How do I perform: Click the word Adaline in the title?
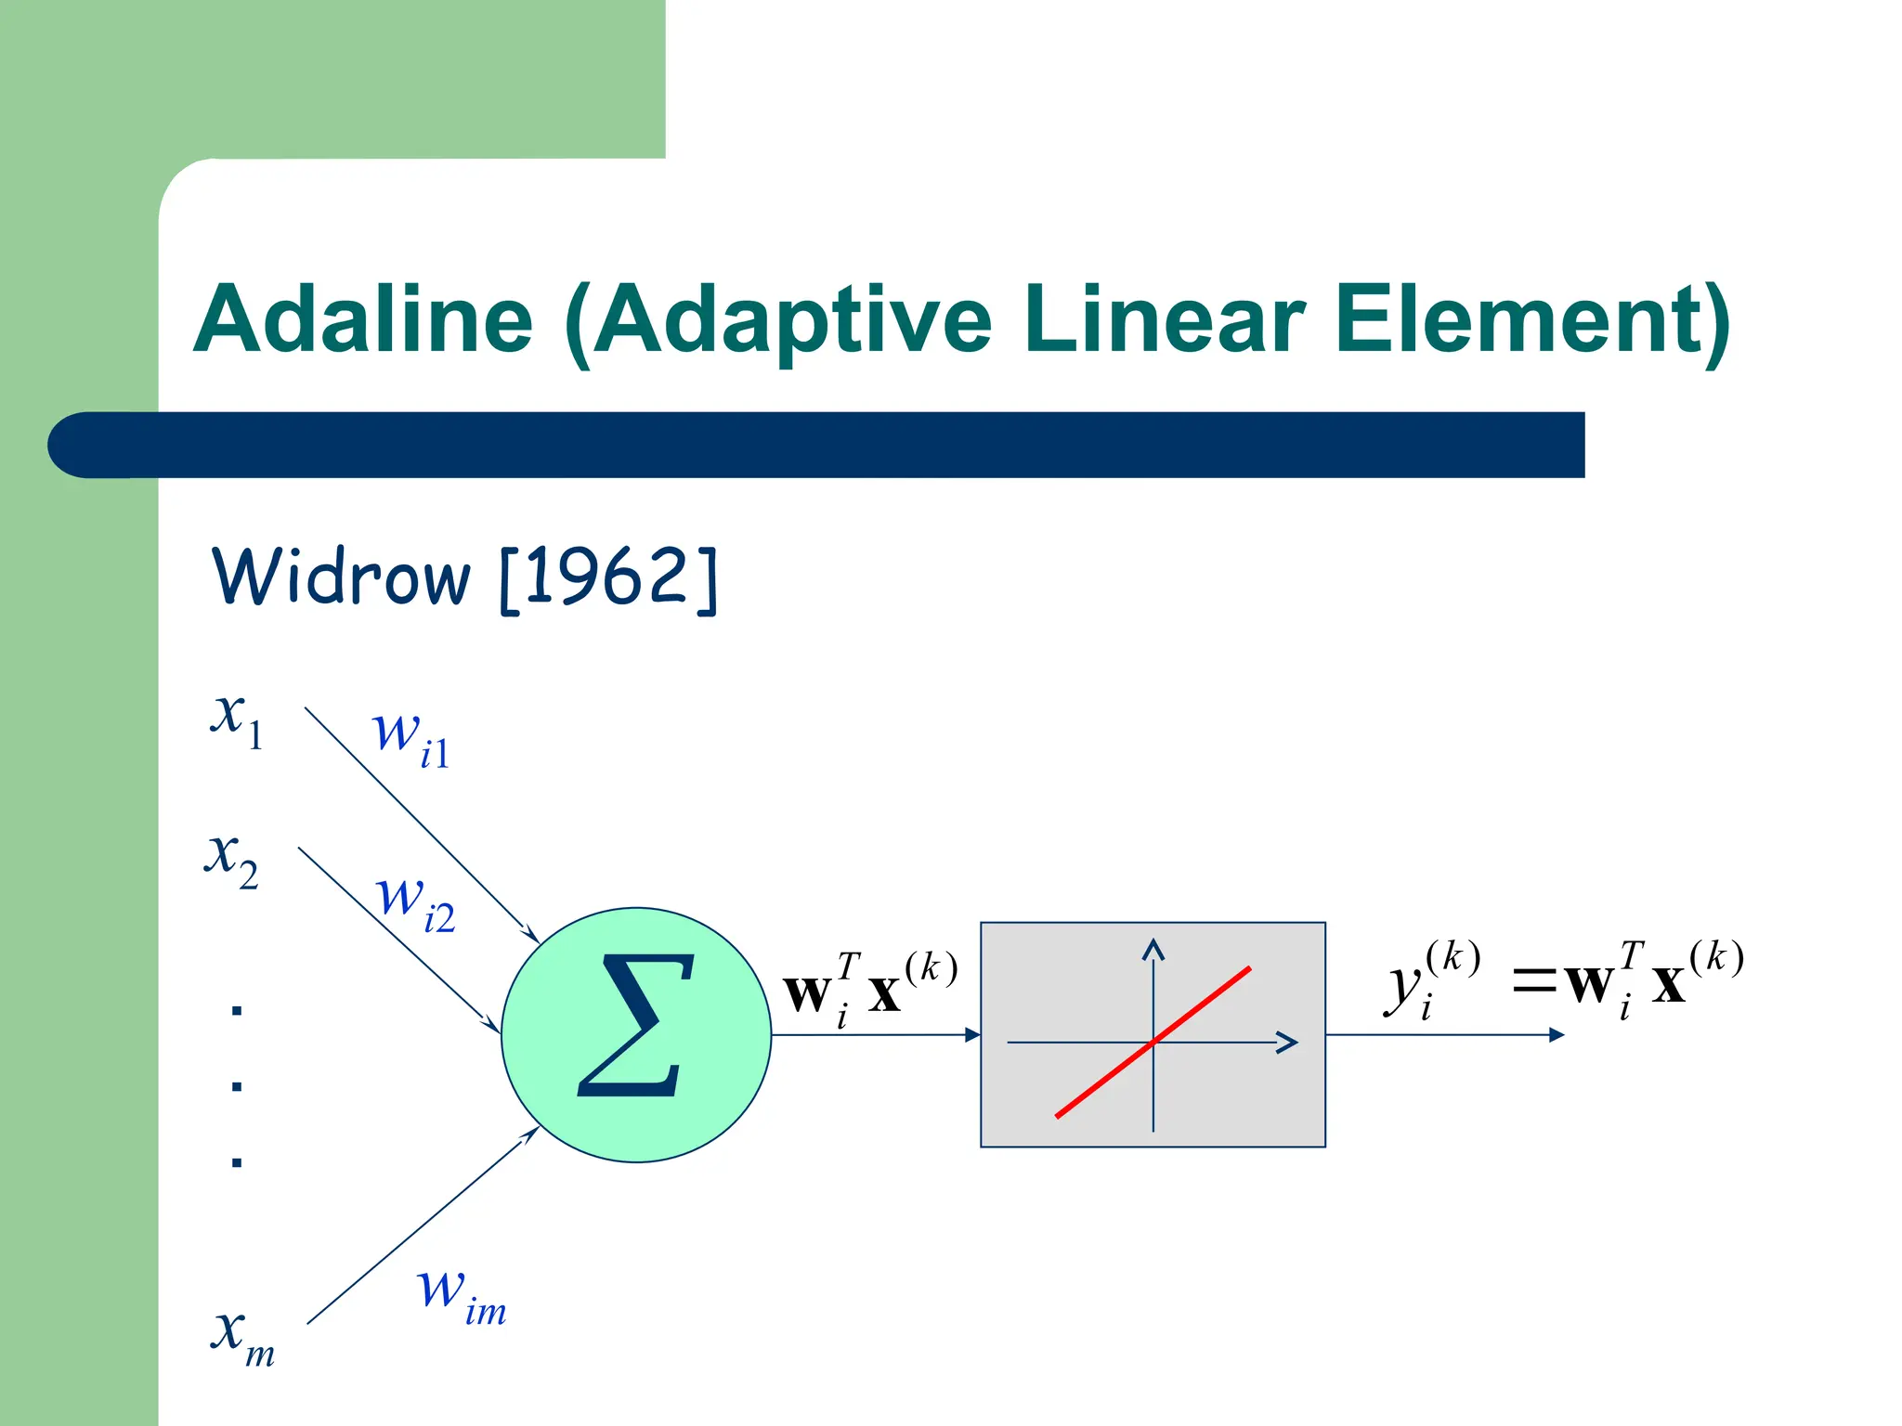tap(363, 319)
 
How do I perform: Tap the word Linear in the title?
tap(1165, 319)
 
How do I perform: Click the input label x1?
tap(237, 719)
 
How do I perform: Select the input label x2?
tap(231, 860)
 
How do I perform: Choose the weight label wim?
tap(461, 1295)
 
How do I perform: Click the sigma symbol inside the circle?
tap(636, 1025)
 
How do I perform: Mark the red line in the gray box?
tap(1153, 1043)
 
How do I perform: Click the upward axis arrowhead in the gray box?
tap(1153, 948)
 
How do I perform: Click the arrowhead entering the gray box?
tap(972, 1034)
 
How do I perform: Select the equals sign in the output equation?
tap(1533, 980)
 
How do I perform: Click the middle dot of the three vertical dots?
tap(237, 1085)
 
